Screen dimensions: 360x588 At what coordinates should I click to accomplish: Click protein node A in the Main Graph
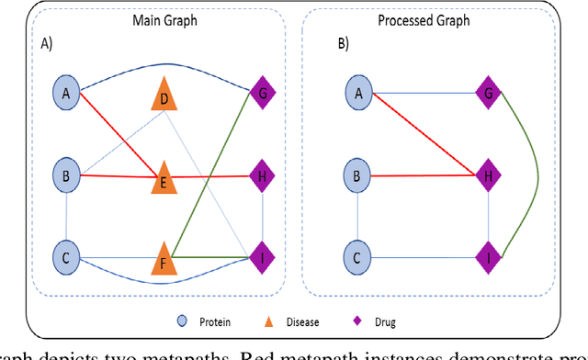[x=66, y=92]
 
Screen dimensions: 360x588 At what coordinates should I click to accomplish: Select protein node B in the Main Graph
[x=66, y=174]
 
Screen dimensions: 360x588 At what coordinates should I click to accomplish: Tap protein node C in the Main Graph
[x=66, y=257]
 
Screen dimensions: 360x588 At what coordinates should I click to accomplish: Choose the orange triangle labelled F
[x=164, y=259]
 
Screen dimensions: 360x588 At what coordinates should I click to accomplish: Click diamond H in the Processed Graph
[x=489, y=174]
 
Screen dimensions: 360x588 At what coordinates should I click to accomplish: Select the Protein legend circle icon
[x=183, y=322]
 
